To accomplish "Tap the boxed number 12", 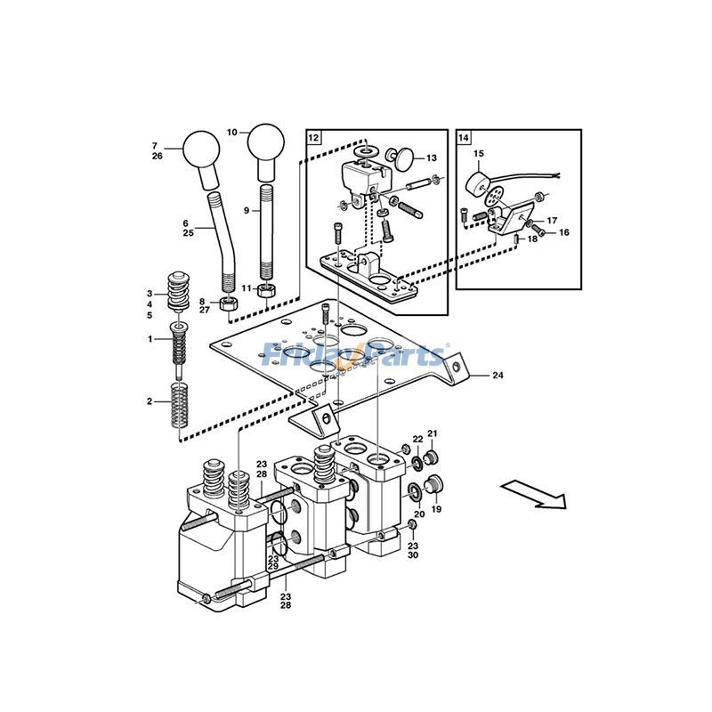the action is (314, 137).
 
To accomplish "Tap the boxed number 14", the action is (464, 137).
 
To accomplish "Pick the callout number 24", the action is (498, 376).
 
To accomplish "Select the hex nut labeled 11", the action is (264, 290).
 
